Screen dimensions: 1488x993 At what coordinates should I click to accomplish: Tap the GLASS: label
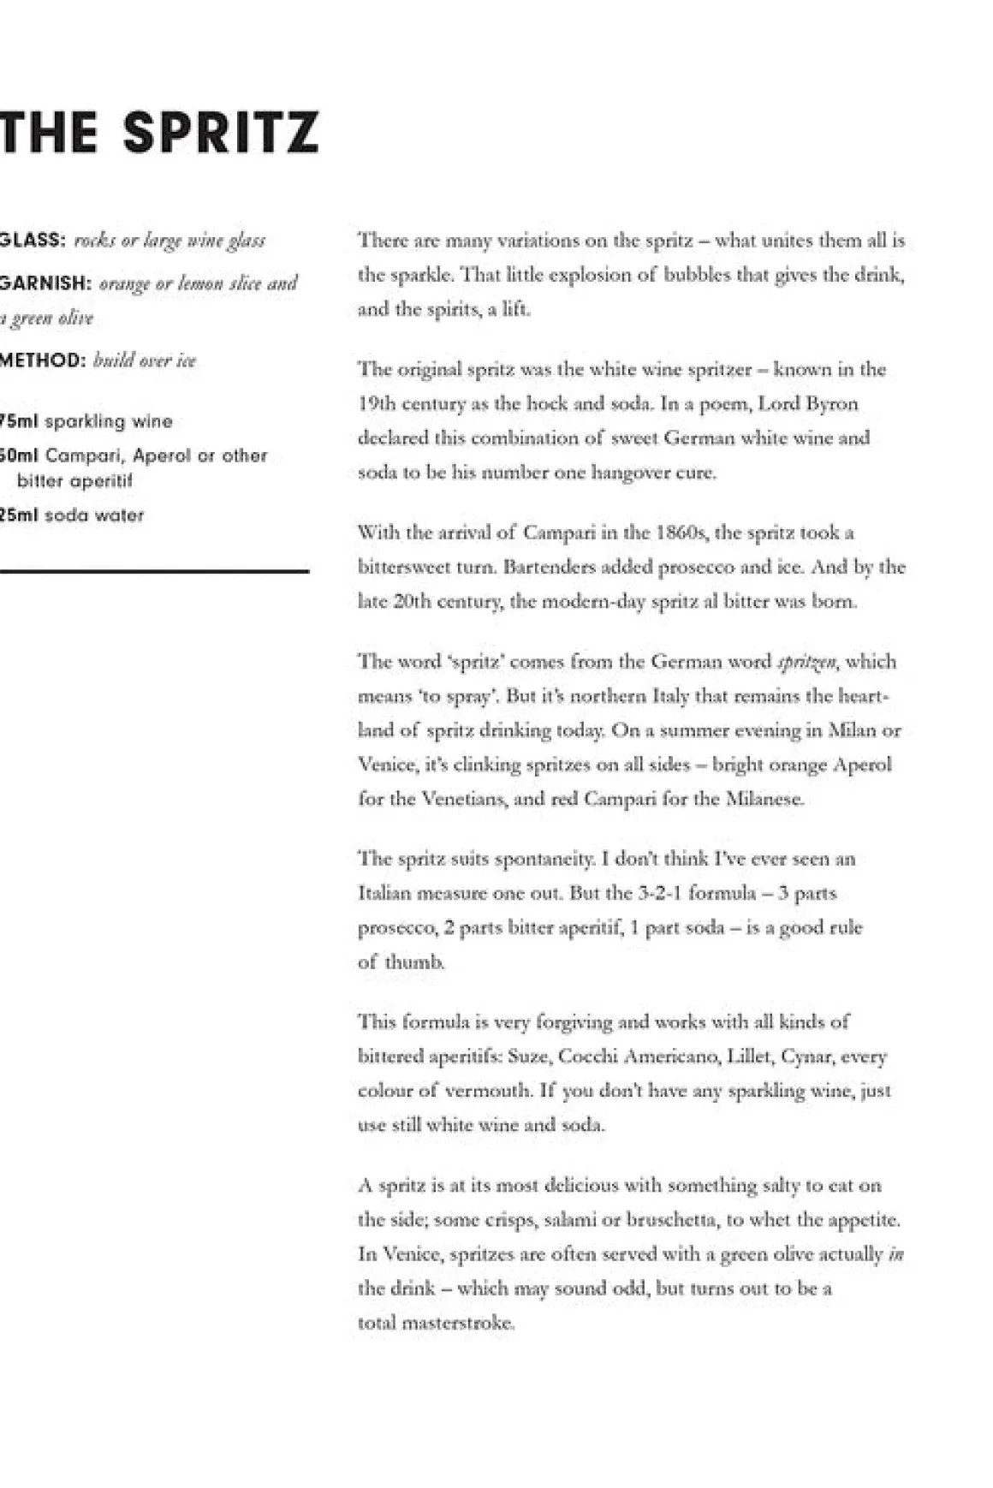point(33,240)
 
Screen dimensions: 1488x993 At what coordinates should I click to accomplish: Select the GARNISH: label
point(45,283)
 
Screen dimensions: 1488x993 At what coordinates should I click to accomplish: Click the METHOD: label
point(43,360)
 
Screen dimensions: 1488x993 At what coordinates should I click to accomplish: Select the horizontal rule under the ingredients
point(154,571)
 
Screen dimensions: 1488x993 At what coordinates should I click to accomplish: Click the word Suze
point(527,1056)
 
